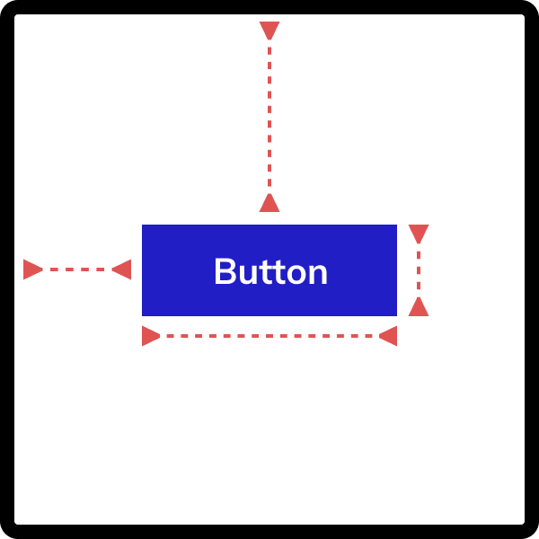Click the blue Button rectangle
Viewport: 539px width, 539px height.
tap(269, 270)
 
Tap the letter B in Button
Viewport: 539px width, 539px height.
tap(225, 271)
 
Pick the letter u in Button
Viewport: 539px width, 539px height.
tap(248, 274)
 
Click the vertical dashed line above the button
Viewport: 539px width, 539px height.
tap(269, 117)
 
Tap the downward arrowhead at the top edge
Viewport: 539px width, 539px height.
tap(269, 31)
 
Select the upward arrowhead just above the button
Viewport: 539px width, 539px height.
tap(269, 202)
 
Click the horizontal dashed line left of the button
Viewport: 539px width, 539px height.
tap(77, 269)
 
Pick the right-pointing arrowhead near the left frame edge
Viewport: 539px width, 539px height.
tap(32, 269)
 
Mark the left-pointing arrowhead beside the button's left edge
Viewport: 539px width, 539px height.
tap(121, 269)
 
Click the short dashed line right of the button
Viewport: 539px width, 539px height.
tap(419, 270)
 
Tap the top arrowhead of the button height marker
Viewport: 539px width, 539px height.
tap(419, 234)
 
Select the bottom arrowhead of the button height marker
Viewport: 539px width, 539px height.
tap(419, 306)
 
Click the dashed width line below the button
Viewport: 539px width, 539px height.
tap(269, 336)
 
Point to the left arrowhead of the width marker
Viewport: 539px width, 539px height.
tap(151, 336)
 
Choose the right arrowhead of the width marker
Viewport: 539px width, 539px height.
tap(388, 336)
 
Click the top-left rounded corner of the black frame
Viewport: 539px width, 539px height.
tap(6, 6)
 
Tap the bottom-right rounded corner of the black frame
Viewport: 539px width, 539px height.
tap(533, 533)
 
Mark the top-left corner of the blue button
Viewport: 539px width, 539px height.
tap(142, 225)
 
